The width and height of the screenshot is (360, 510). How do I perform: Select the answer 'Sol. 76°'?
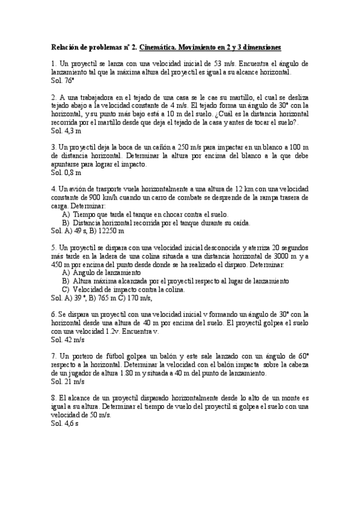coord(63,79)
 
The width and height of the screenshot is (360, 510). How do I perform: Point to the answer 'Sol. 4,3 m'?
coord(66,130)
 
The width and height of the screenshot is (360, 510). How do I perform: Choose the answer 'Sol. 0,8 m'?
coord(66,173)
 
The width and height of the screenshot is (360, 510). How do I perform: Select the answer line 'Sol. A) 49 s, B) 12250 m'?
coord(88,230)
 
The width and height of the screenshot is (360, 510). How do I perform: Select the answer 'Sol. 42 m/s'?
coord(67,340)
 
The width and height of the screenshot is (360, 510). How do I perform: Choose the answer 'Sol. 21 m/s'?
coord(67,381)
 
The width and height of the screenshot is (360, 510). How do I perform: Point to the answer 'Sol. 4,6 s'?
coord(65,423)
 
